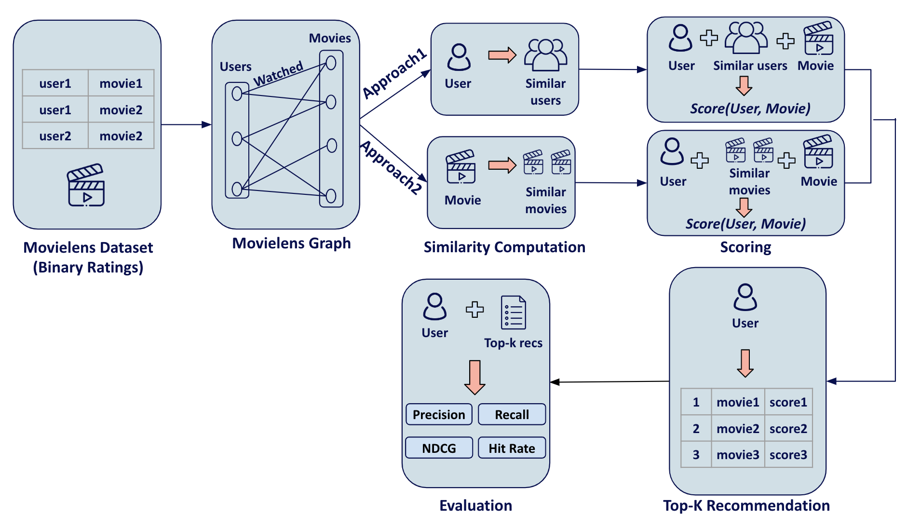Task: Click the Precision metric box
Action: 439,415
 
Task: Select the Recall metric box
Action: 512,415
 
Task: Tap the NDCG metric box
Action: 439,448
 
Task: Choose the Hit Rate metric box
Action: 512,448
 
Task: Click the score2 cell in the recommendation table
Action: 788,428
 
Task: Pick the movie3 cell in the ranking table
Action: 737,455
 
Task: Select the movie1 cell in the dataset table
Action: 121,83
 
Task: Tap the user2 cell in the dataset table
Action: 55,136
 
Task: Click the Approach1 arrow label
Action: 394,73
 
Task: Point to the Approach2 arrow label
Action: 392,167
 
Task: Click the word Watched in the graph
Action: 278,74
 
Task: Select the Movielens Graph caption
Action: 291,243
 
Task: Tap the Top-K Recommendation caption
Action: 746,505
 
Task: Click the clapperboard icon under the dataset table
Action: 86,186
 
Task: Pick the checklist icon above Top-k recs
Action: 513,312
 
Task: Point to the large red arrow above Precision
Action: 474,377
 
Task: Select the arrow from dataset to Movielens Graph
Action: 186,124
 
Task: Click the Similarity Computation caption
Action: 504,247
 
